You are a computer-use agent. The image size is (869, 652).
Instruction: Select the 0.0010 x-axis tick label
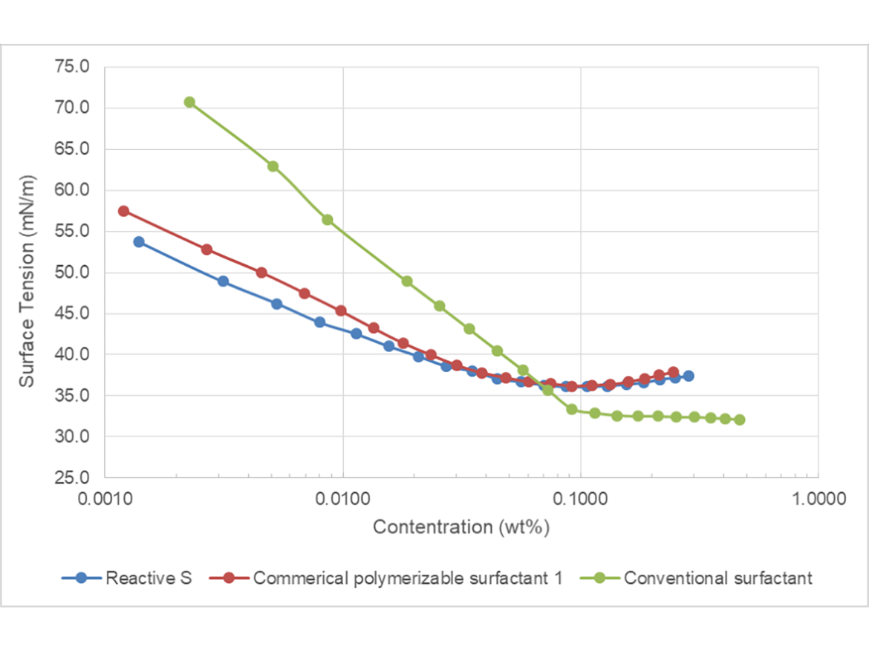[x=105, y=498]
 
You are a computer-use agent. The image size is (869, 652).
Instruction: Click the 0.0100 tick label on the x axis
[x=342, y=498]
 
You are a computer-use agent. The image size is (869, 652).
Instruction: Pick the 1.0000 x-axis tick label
[x=817, y=498]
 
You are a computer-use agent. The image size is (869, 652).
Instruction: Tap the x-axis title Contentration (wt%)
[x=460, y=527]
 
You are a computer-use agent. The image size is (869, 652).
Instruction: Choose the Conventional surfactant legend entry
[x=717, y=578]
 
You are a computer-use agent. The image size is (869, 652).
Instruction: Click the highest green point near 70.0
[x=189, y=102]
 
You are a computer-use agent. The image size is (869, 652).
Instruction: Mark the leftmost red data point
[x=123, y=211]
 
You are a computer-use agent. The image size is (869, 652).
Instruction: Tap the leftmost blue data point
[x=138, y=241]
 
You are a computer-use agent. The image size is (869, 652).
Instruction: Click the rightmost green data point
[x=739, y=420]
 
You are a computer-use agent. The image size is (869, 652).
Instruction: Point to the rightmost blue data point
[x=689, y=376]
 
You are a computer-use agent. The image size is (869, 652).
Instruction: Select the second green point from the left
[x=273, y=166]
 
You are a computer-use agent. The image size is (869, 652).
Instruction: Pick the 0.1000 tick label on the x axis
[x=580, y=498]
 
